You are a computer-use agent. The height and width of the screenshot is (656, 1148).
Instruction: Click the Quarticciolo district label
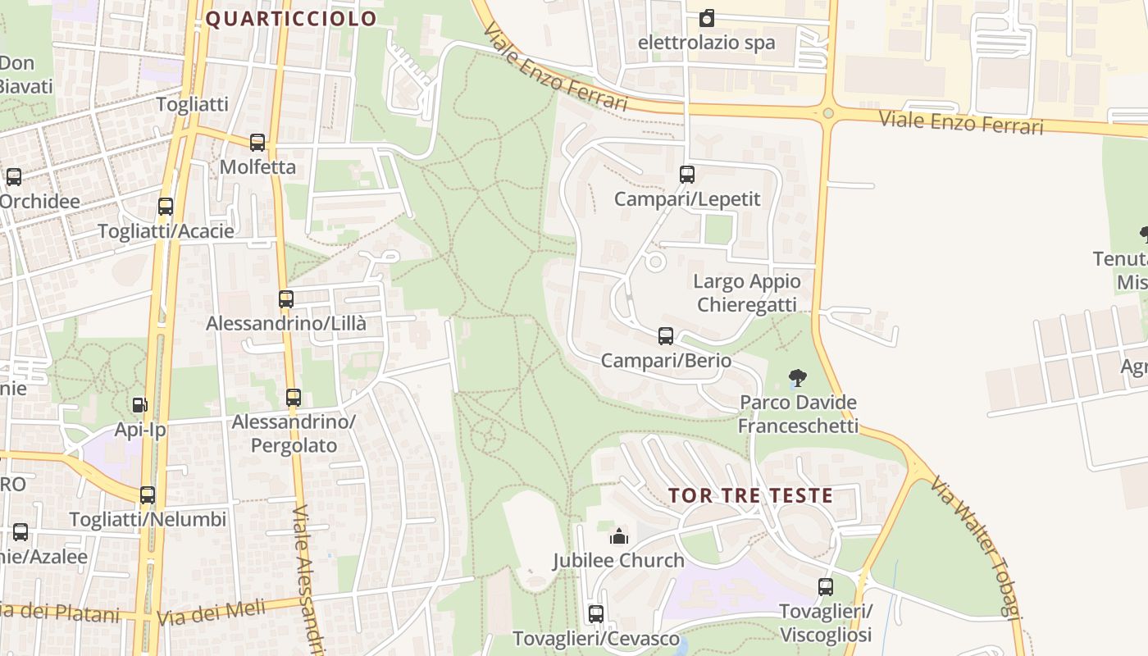[x=291, y=19]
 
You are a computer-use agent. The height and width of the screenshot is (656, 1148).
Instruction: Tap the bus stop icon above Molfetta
[x=257, y=143]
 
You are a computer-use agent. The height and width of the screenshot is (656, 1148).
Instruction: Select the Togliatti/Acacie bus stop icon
[x=166, y=207]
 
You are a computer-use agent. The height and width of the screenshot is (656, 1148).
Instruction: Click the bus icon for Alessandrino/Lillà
[x=286, y=299]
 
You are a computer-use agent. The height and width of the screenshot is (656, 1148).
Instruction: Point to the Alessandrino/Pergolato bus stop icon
[x=294, y=398]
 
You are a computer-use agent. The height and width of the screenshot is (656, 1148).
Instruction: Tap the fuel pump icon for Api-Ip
[x=139, y=404]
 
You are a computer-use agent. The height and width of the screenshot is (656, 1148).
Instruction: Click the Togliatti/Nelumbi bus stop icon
[x=148, y=494]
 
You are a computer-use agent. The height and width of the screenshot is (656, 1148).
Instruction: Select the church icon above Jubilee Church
[x=618, y=537]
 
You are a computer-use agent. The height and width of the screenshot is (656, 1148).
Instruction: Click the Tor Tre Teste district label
[x=750, y=495]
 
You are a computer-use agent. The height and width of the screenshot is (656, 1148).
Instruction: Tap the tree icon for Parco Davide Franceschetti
[x=797, y=378]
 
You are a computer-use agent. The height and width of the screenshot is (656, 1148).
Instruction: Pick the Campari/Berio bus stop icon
[x=666, y=336]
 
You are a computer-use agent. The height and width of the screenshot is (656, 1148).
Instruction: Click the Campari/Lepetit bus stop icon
[x=687, y=174]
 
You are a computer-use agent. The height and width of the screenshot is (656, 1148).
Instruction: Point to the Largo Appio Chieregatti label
[x=746, y=293]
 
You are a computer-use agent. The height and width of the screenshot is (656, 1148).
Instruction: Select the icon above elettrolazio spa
[x=707, y=18]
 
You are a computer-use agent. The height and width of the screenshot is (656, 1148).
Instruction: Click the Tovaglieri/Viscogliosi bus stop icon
[x=826, y=587]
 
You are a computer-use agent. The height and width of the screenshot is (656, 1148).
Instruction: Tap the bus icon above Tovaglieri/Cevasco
[x=596, y=613]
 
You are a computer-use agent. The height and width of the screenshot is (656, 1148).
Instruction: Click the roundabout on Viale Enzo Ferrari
[x=828, y=113]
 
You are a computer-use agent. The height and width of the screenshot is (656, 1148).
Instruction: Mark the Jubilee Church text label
[x=618, y=561]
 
